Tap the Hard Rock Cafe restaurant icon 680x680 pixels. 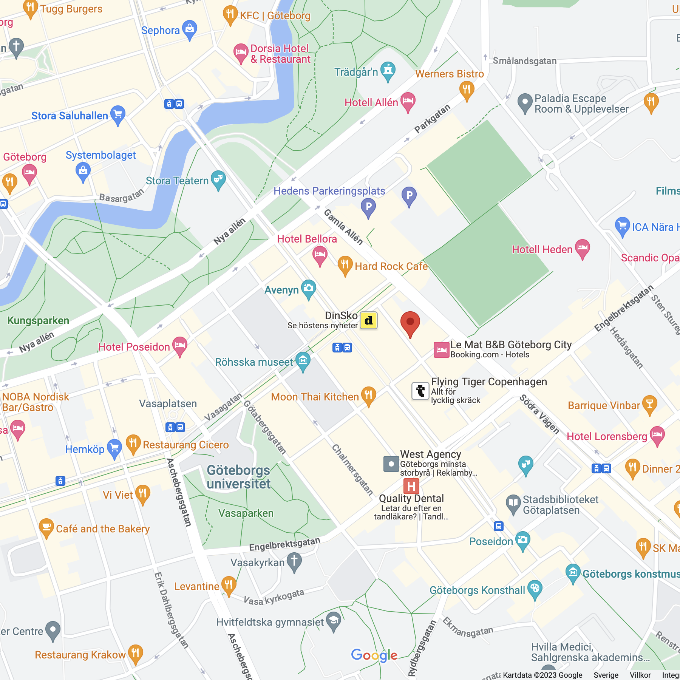[x=345, y=264]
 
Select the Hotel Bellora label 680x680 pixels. [x=307, y=239]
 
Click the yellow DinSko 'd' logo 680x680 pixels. [x=368, y=320]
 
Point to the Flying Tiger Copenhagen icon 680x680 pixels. [x=420, y=391]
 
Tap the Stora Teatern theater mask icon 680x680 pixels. [x=218, y=179]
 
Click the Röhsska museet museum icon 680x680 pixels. [x=303, y=360]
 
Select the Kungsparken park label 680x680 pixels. [x=38, y=321]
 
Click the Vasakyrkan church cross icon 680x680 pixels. [x=294, y=561]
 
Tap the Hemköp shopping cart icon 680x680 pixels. [x=114, y=448]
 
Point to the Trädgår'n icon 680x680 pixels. [x=388, y=70]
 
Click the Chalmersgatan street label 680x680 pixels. [x=352, y=470]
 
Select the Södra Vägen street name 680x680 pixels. [x=539, y=414]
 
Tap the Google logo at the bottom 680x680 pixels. [x=374, y=655]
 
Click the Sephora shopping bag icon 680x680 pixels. [x=190, y=29]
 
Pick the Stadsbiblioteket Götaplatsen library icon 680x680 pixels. [x=513, y=503]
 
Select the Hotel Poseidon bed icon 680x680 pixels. [x=180, y=345]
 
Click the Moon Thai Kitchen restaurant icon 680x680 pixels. [x=368, y=395]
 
